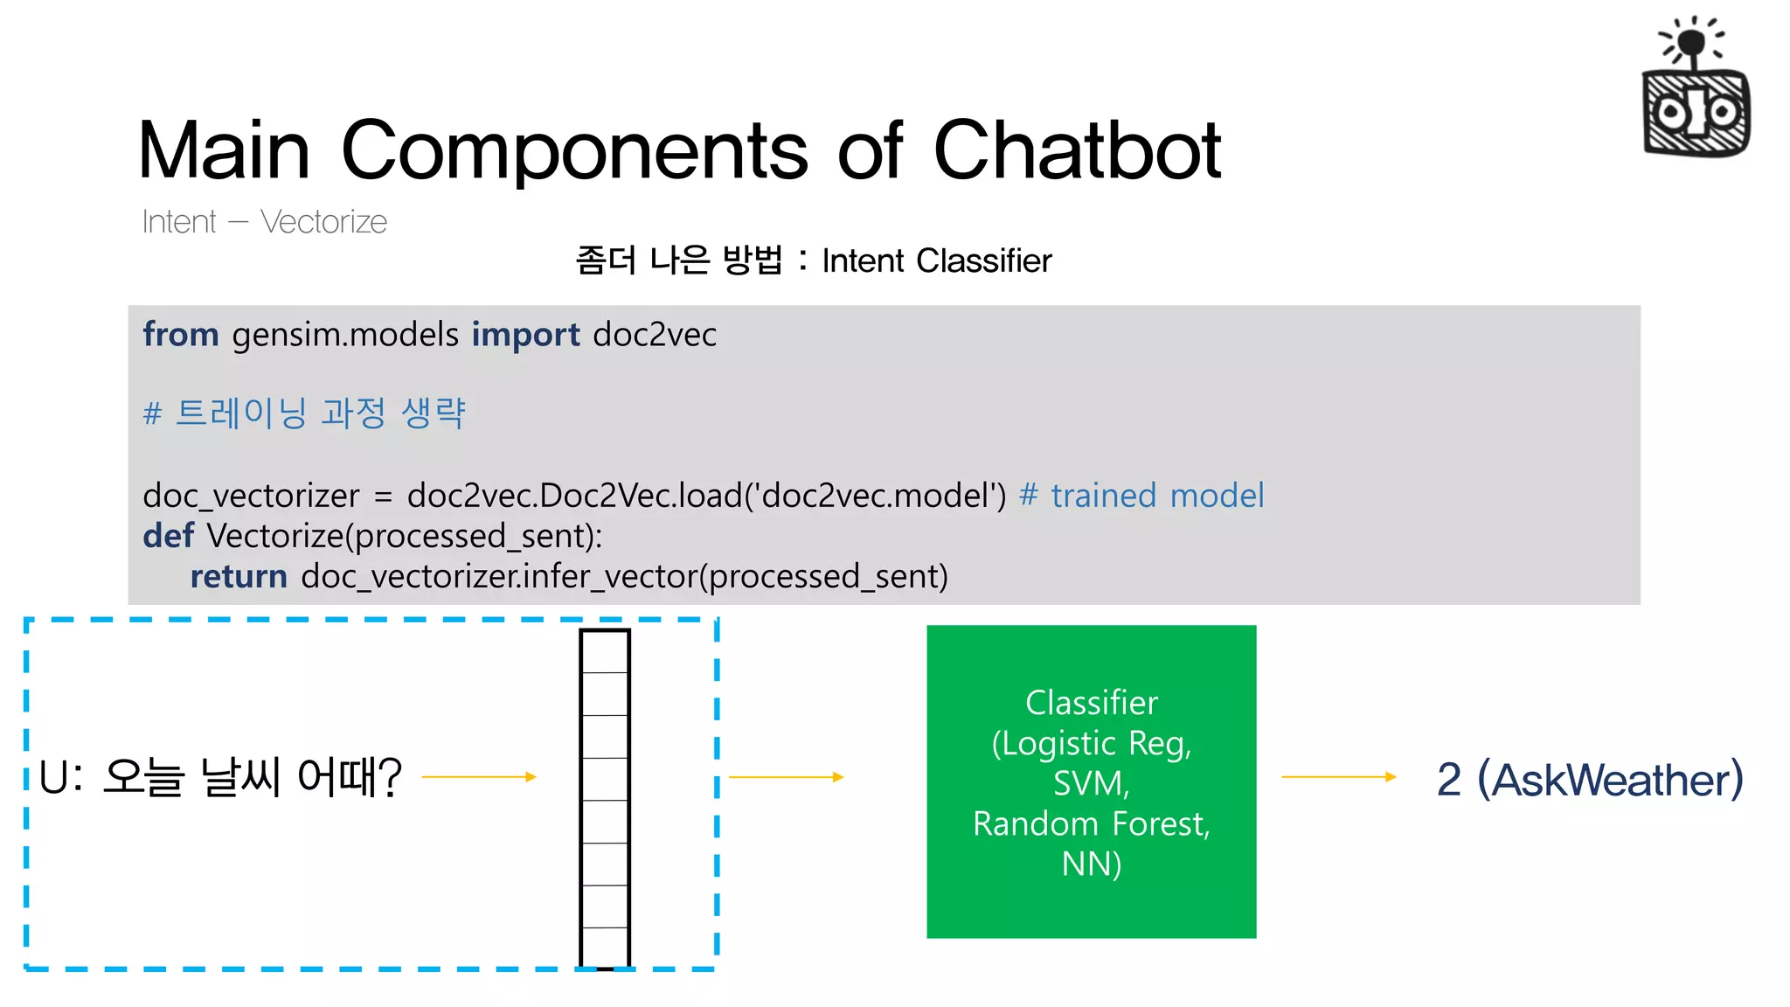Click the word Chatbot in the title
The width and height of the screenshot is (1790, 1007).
click(1077, 150)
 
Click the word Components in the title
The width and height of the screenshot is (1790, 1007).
click(574, 150)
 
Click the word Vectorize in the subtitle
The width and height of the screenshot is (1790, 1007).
click(323, 222)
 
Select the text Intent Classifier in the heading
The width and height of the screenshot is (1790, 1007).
click(936, 260)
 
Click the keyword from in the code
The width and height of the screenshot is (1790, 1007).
click(181, 335)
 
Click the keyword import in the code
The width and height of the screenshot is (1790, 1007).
click(525, 335)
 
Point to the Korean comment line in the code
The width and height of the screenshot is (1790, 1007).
click(304, 413)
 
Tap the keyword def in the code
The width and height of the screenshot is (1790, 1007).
click(168, 536)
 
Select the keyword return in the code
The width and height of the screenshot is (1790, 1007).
click(239, 577)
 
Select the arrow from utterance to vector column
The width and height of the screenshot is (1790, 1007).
click(479, 776)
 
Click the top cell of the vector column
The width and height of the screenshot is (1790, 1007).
click(605, 652)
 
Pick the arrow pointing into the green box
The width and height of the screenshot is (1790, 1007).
click(786, 776)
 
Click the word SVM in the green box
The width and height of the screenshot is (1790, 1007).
click(1091, 783)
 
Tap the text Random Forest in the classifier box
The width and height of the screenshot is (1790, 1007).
click(1091, 823)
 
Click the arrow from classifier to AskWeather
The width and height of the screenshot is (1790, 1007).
click(1338, 776)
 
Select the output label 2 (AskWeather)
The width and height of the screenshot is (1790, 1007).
click(1589, 779)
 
